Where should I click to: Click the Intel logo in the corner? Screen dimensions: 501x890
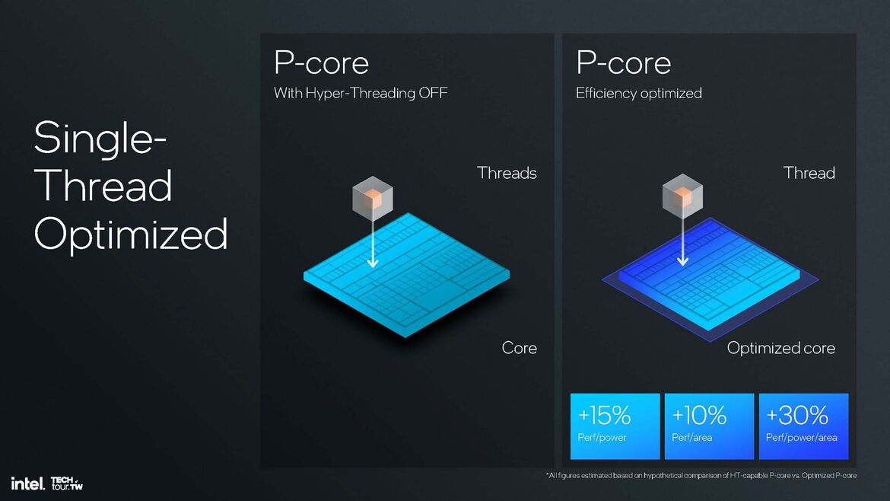tap(26, 483)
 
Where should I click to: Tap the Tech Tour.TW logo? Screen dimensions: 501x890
tap(66, 483)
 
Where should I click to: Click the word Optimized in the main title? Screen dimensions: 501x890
tap(131, 234)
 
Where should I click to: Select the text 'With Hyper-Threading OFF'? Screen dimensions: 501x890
tap(361, 93)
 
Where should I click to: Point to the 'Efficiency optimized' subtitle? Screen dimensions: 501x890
tap(638, 93)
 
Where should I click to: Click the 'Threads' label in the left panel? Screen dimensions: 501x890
tap(507, 173)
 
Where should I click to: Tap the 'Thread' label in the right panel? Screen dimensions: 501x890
tap(809, 173)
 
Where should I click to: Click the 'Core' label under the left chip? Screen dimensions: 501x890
tap(519, 348)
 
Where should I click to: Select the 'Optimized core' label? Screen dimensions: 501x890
tap(780, 348)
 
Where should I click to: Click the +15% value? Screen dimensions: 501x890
tap(605, 415)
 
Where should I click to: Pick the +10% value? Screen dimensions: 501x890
tap(699, 415)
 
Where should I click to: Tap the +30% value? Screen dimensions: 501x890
tap(796, 415)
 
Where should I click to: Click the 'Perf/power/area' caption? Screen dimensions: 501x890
tap(801, 438)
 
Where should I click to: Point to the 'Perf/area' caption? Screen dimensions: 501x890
tap(691, 438)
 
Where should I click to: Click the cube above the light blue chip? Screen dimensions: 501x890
tap(372, 197)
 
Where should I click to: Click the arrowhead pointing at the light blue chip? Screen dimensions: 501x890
tap(372, 263)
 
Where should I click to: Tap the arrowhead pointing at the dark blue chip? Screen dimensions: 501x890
tap(682, 261)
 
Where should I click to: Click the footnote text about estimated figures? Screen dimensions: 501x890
tap(701, 476)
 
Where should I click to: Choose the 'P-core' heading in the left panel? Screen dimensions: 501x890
tap(321, 62)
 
